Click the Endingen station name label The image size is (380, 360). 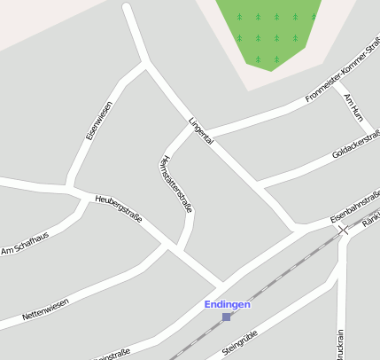(228, 304)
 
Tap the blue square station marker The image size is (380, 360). (227, 317)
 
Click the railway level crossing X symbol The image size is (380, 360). (343, 229)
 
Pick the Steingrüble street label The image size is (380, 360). (239, 342)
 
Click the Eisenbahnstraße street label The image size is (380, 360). (354, 205)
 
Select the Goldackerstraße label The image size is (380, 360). (356, 144)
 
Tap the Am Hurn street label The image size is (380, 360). (353, 106)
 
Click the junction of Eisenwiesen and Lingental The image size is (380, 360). (145, 63)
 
